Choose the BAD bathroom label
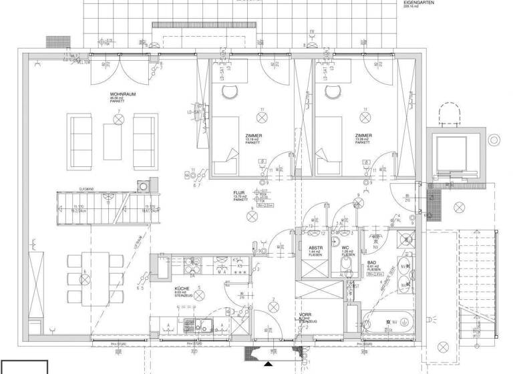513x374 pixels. tap(372, 263)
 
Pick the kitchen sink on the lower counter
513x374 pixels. tap(200, 326)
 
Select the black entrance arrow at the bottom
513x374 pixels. tap(267, 365)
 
